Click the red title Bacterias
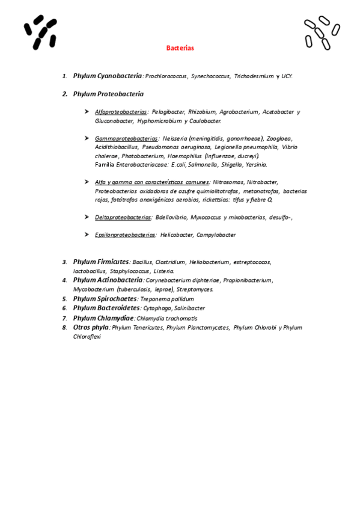pos(180,48)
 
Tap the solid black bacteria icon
pos(40,32)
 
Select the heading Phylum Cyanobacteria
pos(108,76)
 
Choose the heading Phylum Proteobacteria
pos(108,94)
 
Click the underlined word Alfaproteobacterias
pos(121,112)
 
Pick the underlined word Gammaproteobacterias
pos(126,138)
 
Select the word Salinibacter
pos(189,308)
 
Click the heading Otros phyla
pos(91,327)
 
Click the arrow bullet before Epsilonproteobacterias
pos(88,235)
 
